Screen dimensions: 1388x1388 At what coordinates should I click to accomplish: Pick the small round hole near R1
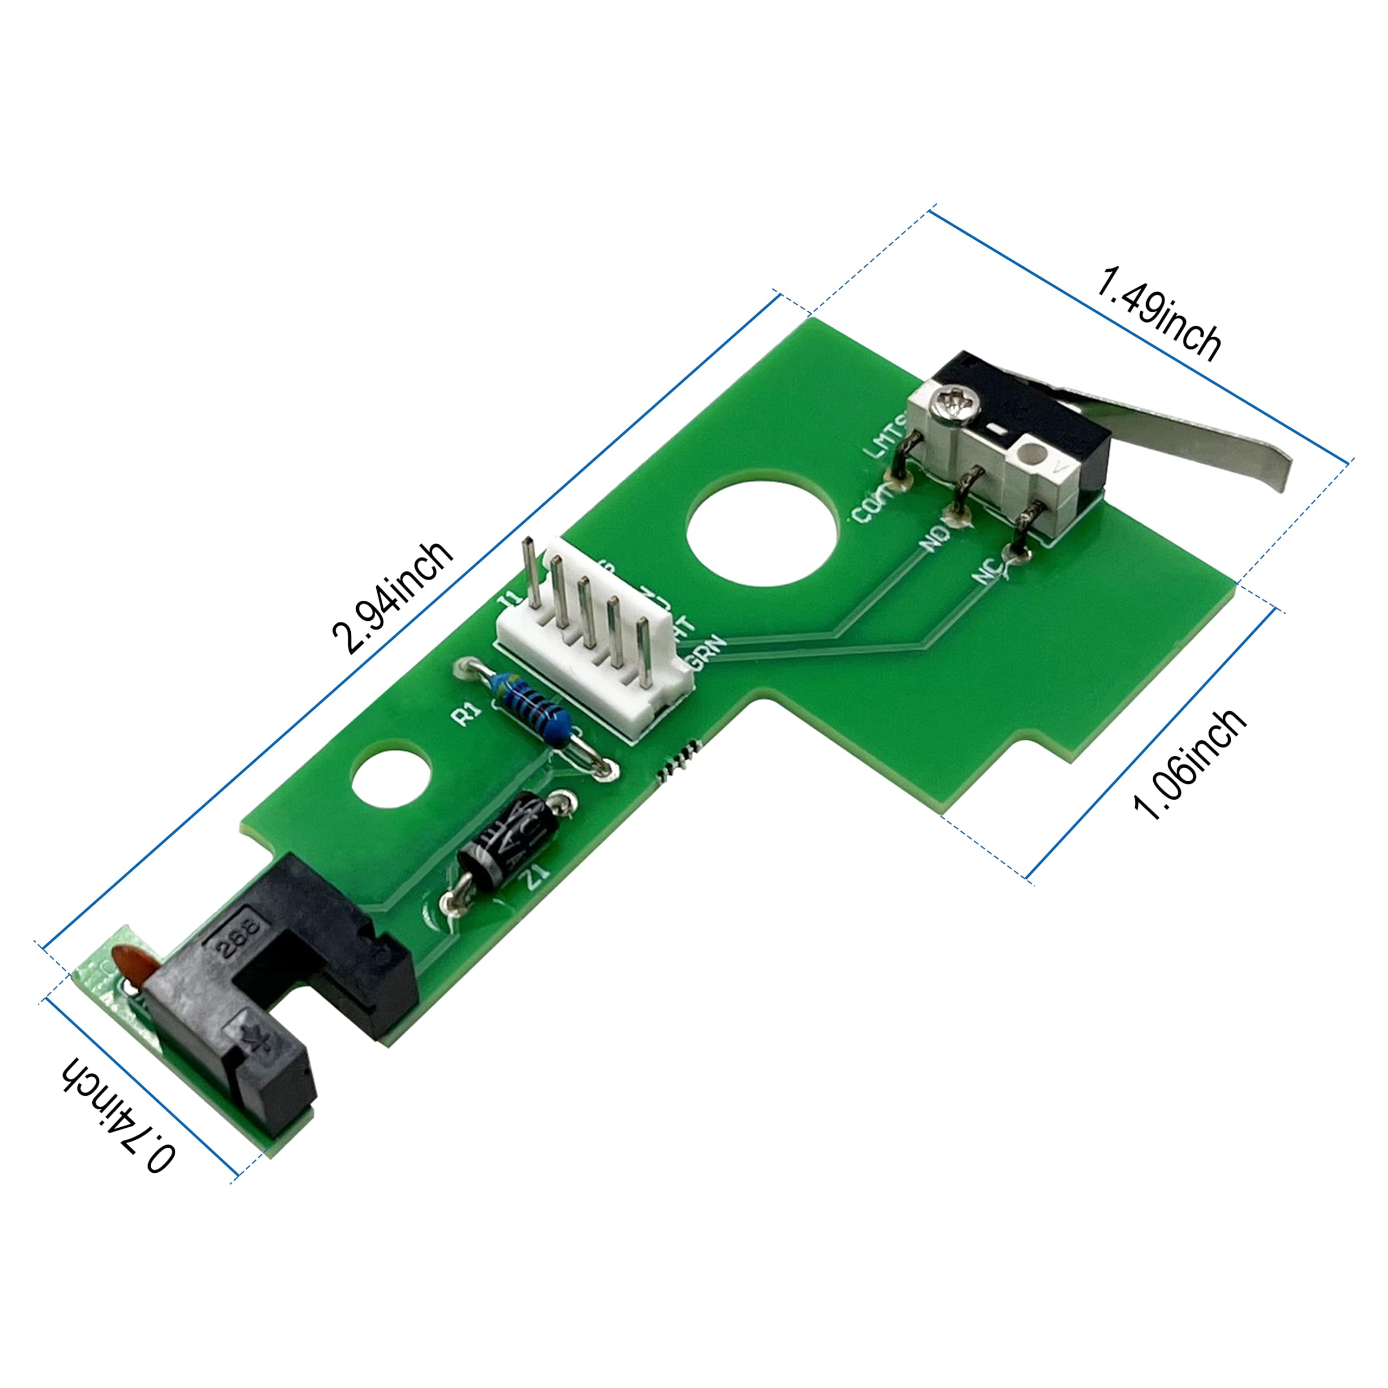pyautogui.click(x=391, y=780)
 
